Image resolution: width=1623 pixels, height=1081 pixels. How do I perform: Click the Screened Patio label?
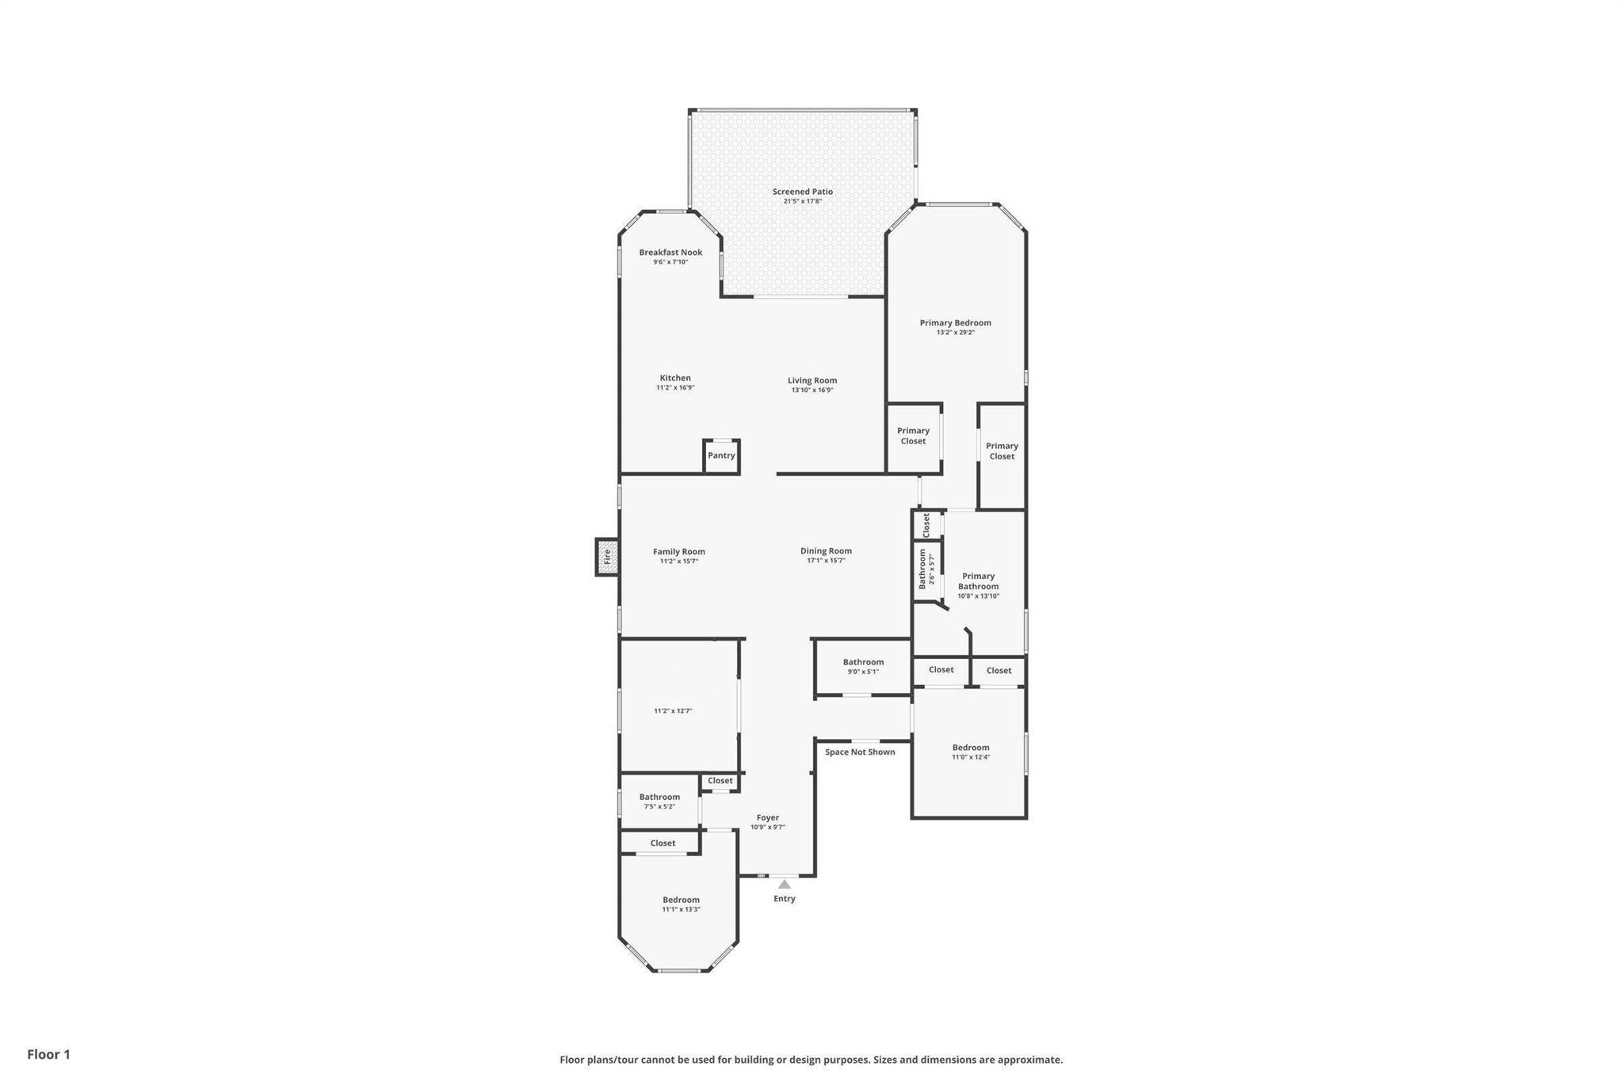tap(802, 192)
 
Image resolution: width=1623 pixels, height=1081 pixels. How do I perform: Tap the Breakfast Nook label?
tap(670, 253)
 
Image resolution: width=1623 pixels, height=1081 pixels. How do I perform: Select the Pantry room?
tap(721, 456)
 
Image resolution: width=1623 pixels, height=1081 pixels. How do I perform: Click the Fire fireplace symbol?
tap(607, 557)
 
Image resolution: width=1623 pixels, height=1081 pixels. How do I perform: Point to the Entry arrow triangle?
tap(784, 884)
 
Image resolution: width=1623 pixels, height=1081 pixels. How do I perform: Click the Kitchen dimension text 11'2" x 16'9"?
tap(675, 388)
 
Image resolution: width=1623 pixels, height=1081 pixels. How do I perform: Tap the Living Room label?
tap(811, 380)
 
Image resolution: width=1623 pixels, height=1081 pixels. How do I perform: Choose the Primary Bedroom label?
tap(955, 323)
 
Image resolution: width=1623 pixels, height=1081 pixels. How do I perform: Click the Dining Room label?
tap(826, 551)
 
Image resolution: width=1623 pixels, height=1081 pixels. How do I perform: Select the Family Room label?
tap(678, 552)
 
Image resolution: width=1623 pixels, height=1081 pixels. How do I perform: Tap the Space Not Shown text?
tap(860, 752)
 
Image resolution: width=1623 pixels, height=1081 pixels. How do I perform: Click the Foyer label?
tap(767, 817)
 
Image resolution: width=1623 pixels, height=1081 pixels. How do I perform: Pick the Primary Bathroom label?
tap(978, 581)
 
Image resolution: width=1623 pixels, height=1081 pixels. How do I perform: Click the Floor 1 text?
tap(48, 1054)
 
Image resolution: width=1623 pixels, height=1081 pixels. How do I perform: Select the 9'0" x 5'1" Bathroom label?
tap(863, 662)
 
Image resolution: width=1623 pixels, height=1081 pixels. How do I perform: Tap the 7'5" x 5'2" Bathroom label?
tap(659, 797)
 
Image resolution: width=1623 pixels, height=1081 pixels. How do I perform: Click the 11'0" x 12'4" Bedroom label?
tap(971, 748)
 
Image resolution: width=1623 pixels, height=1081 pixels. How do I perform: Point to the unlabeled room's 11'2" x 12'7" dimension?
tap(673, 711)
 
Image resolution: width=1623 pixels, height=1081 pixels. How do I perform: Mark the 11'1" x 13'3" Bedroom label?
tap(681, 900)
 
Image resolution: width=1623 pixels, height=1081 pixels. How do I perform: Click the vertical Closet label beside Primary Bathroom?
tap(926, 525)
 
